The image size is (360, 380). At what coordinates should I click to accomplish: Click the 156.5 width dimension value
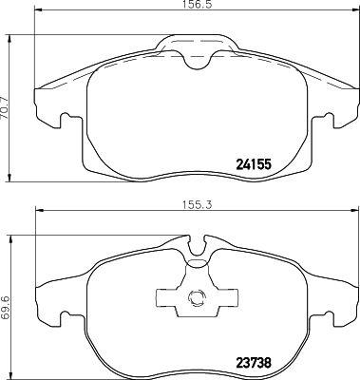pyautogui.click(x=197, y=5)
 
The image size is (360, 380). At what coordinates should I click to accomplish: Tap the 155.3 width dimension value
pyautogui.click(x=197, y=205)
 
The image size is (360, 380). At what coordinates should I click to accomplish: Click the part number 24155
pyautogui.click(x=254, y=164)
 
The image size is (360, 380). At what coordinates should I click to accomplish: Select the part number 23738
pyautogui.click(x=254, y=363)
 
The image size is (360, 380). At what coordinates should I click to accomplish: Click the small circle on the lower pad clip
pyautogui.click(x=197, y=297)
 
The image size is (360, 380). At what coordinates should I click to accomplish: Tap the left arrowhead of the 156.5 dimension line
pyautogui.click(x=38, y=10)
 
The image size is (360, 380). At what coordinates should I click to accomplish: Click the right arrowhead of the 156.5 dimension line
pyautogui.click(x=355, y=10)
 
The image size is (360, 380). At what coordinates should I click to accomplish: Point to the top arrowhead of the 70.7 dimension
pyautogui.click(x=9, y=39)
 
